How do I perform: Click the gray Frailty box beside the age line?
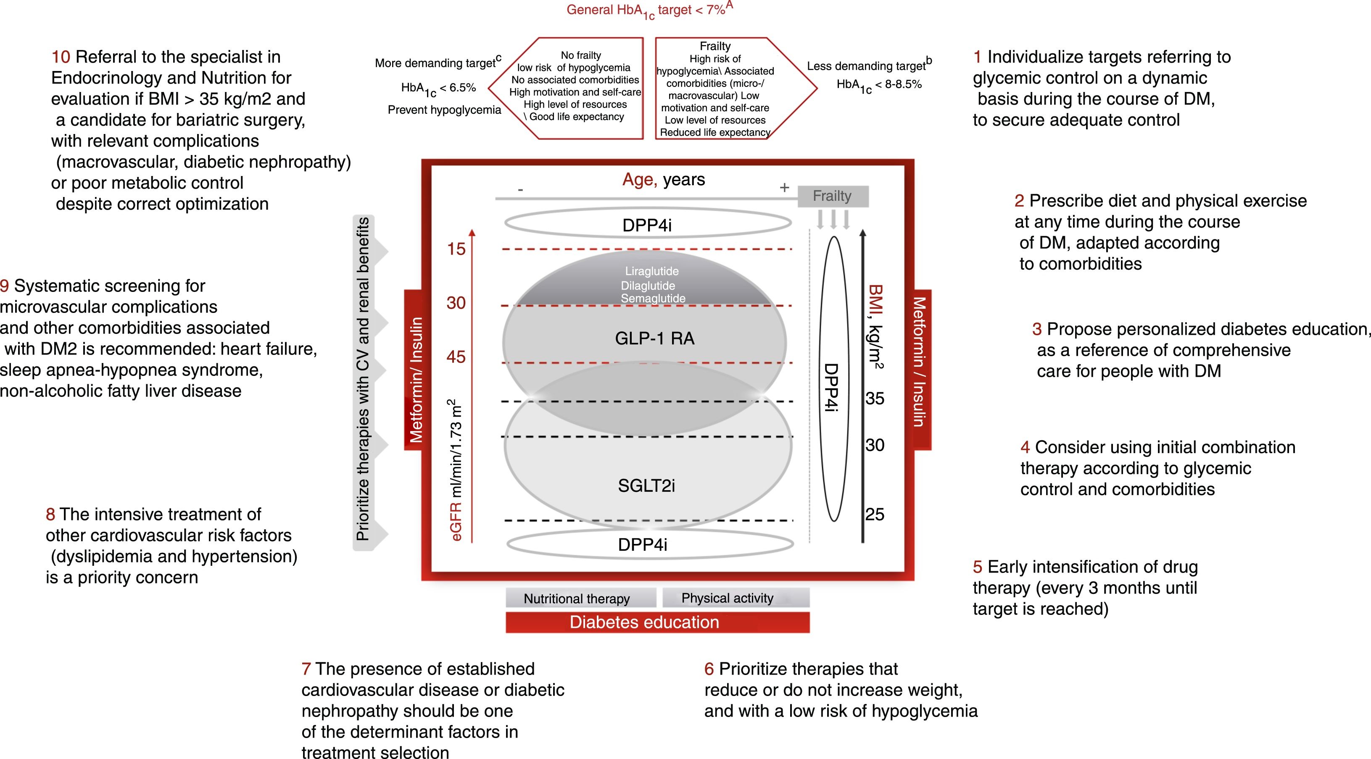pyautogui.click(x=832, y=196)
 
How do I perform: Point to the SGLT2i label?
pyautogui.click(x=646, y=485)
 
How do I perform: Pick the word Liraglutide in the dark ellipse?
pyautogui.click(x=651, y=271)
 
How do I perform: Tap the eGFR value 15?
pyautogui.click(x=456, y=249)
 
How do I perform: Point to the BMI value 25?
pyautogui.click(x=875, y=515)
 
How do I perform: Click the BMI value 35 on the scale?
pyautogui.click(x=875, y=398)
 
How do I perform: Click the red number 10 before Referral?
pyautogui.click(x=61, y=57)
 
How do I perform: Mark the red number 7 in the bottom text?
pyautogui.click(x=306, y=669)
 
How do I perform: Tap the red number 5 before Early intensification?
pyautogui.click(x=977, y=567)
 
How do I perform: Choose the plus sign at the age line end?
pyautogui.click(x=784, y=188)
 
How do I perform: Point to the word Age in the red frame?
pyautogui.click(x=638, y=180)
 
